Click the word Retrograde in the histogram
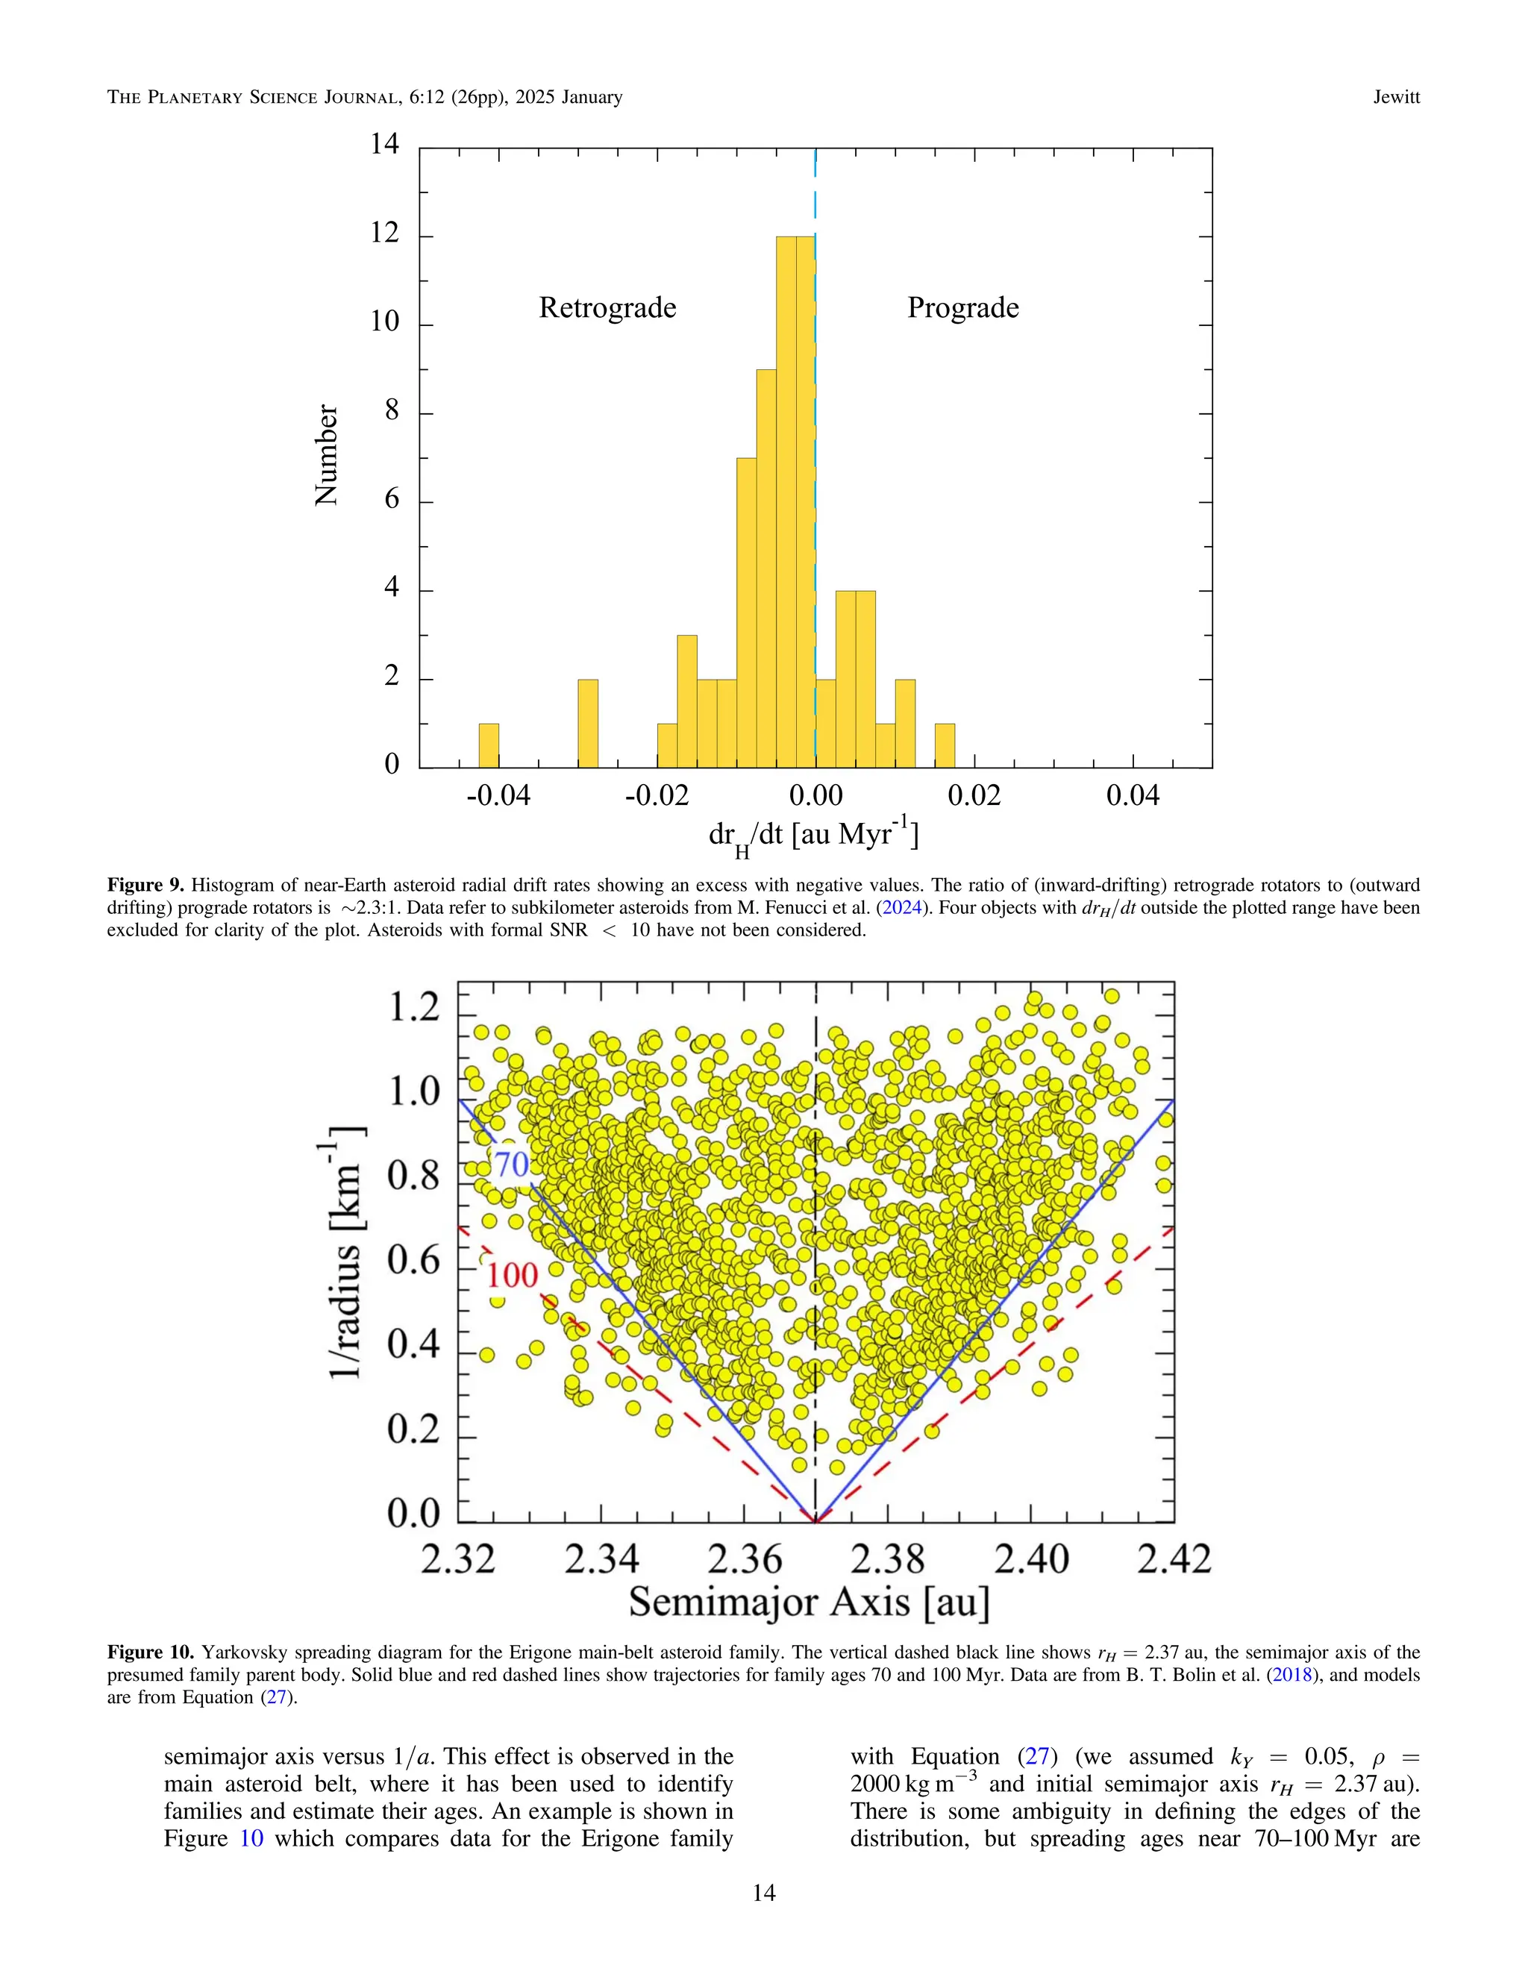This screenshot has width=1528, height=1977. (607, 308)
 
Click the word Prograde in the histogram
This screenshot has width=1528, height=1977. (963, 308)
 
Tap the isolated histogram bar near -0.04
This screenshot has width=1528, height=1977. (489, 745)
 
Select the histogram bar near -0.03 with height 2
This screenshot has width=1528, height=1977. (587, 723)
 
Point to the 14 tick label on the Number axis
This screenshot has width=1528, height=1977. (385, 144)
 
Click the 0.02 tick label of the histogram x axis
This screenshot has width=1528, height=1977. (974, 796)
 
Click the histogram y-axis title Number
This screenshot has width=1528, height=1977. (326, 454)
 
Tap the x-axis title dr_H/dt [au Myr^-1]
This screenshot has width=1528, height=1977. (813, 836)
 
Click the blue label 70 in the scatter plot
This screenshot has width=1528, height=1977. (511, 1164)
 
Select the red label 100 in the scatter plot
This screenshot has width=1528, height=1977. (513, 1276)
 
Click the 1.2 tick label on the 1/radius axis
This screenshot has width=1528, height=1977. (413, 1007)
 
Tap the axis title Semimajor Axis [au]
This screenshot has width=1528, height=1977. (810, 1602)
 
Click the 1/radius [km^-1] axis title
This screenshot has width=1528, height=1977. (347, 1254)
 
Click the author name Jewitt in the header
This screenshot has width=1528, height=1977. (1396, 97)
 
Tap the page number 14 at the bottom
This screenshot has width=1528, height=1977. (764, 1893)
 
